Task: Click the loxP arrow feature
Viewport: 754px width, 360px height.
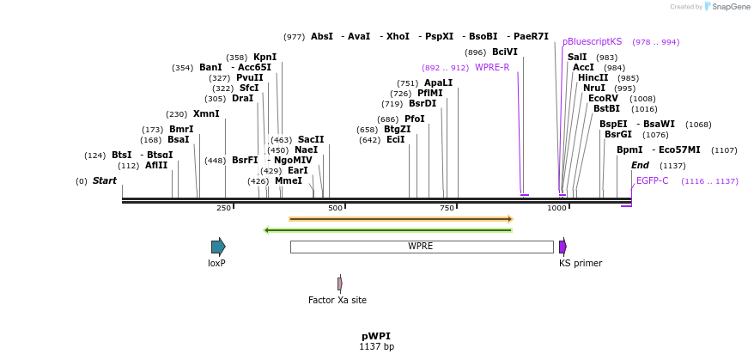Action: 218,247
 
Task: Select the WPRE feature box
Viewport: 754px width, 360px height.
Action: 421,247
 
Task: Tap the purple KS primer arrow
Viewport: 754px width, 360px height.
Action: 562,247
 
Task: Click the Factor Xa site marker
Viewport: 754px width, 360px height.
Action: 340,284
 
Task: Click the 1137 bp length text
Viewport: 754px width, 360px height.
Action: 376,347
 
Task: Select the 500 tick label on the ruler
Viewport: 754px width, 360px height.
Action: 335,208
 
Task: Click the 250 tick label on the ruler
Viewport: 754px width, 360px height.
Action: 223,208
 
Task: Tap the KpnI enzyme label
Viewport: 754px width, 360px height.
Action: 265,57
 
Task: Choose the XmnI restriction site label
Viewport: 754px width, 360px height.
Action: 206,113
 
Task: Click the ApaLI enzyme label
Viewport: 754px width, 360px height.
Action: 438,82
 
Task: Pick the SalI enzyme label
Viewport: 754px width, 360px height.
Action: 577,57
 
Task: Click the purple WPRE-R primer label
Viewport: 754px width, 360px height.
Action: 492,67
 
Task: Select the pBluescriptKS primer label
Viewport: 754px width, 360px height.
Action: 592,41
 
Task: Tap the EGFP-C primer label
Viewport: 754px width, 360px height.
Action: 652,180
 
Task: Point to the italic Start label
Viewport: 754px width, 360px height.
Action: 104,180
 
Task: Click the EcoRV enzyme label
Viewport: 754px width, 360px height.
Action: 603,98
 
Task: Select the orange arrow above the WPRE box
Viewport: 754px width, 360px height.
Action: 400,219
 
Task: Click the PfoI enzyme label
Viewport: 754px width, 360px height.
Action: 415,119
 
